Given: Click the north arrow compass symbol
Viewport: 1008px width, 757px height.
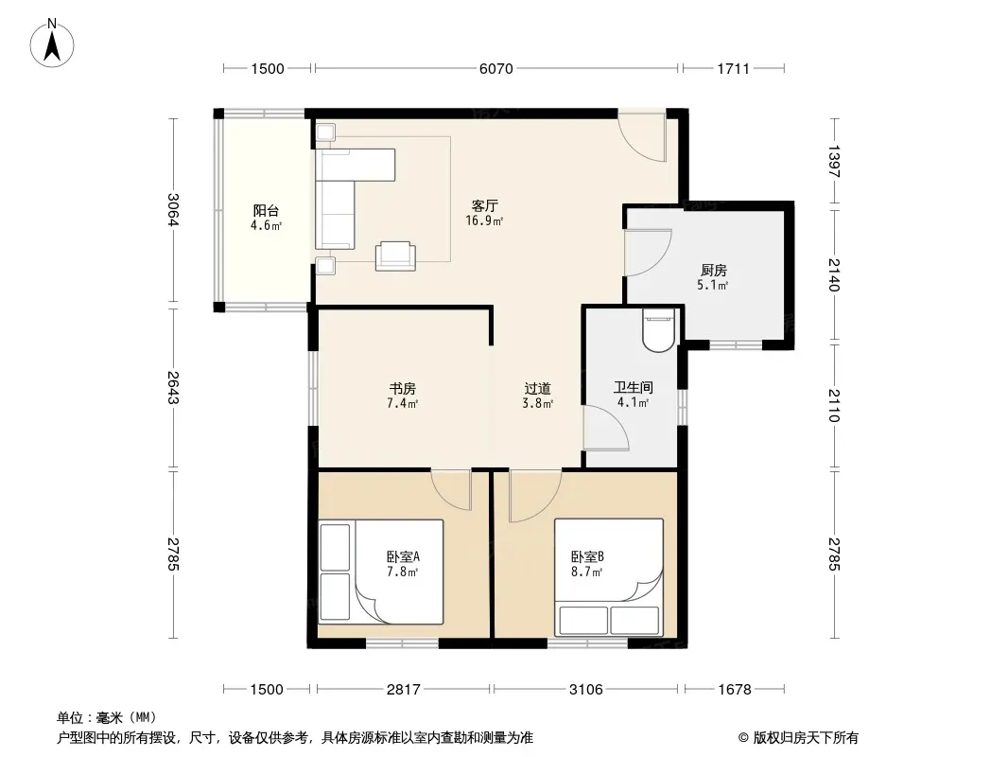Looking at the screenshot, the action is tap(52, 44).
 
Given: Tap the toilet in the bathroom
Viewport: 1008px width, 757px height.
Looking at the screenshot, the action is tap(658, 330).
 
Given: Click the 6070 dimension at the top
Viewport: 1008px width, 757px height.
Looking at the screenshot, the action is tap(496, 68).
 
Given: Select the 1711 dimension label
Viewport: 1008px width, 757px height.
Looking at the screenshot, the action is tap(734, 68).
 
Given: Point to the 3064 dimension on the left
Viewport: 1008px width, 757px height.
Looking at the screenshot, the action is tap(173, 210).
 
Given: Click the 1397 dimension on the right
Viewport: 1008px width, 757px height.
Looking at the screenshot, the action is tap(834, 162).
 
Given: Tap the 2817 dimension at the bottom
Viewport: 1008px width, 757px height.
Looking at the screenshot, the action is tap(403, 690).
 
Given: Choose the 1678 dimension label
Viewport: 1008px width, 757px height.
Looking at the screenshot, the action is tap(734, 690).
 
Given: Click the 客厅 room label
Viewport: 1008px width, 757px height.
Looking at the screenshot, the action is tap(485, 206).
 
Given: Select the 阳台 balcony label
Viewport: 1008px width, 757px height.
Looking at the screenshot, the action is tap(266, 210).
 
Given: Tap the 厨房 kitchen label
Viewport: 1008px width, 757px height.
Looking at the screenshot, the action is tap(714, 270).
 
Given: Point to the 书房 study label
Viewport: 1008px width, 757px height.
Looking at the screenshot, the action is tap(403, 389).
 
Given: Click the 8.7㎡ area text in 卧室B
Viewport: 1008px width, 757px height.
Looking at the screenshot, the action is tap(586, 572).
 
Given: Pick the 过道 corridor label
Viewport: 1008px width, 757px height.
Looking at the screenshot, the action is tap(537, 389).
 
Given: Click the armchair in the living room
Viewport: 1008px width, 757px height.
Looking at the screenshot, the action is tap(395, 255).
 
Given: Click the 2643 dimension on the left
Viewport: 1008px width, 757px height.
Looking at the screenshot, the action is tap(173, 388).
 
